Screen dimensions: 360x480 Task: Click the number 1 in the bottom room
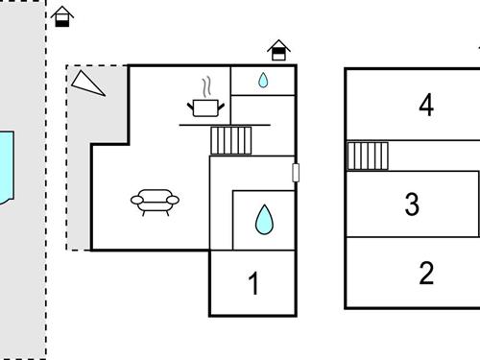(254, 284)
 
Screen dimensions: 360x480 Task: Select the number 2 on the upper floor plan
(426, 274)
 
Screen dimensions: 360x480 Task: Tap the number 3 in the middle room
(412, 204)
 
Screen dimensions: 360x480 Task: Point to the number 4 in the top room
(426, 105)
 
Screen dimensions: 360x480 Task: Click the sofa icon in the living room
(155, 202)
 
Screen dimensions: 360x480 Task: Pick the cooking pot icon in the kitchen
(206, 107)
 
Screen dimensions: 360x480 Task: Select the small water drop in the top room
(263, 82)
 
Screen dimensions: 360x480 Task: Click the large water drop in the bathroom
(263, 221)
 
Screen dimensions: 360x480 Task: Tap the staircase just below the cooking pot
(230, 140)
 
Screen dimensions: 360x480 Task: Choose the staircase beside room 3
(367, 156)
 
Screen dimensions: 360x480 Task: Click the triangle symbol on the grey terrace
(87, 83)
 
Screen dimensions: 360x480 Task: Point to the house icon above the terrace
(62, 16)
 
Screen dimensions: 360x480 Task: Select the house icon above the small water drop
(278, 50)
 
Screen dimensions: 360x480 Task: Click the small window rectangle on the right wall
(296, 173)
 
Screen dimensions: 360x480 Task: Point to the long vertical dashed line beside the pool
(45, 240)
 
